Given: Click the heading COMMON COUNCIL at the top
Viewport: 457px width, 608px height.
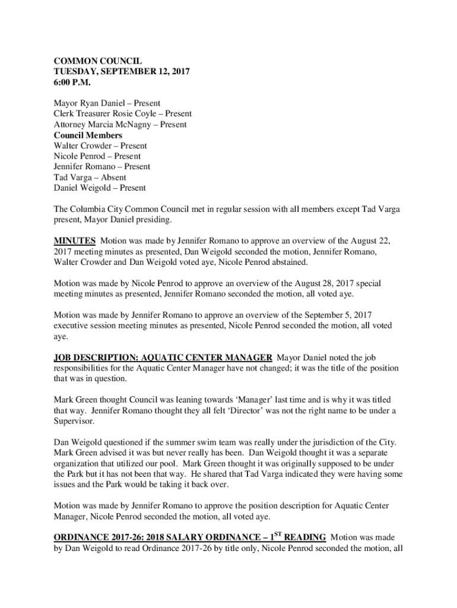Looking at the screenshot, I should tap(97, 61).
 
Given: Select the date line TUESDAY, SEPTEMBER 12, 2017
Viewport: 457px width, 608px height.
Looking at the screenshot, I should tap(121, 71).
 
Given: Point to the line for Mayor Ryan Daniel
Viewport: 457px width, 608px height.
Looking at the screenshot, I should tap(107, 103).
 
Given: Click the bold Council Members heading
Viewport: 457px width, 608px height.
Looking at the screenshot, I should tap(88, 135).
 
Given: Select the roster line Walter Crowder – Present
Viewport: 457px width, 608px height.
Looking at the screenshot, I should tap(100, 146).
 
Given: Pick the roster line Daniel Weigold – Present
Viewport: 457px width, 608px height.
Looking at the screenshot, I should tap(100, 188).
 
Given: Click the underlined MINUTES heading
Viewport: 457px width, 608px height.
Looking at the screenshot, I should tap(75, 241).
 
